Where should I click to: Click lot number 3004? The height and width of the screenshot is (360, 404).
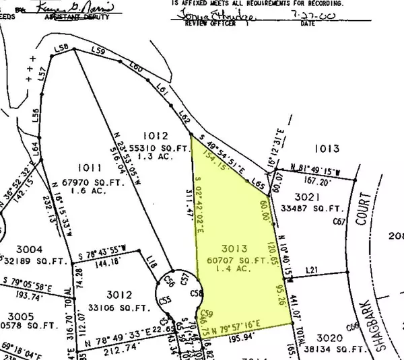tap(18, 248)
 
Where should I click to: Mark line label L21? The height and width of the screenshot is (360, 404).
tap(311, 269)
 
